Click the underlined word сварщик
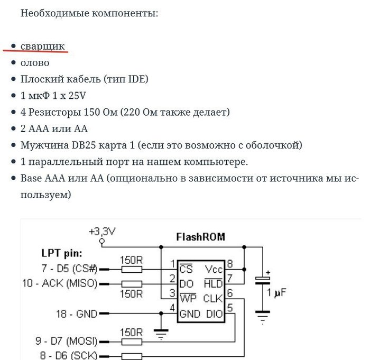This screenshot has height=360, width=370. (43, 46)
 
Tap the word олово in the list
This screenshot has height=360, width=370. (35, 62)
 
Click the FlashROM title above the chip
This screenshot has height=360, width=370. (200, 236)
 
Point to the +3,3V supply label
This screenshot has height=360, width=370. (102, 232)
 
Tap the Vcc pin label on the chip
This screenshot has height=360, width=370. (214, 269)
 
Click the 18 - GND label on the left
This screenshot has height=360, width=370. (76, 314)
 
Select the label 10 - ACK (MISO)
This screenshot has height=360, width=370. (60, 283)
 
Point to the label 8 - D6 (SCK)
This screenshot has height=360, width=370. (66, 355)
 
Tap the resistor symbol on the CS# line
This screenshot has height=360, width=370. (131, 269)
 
